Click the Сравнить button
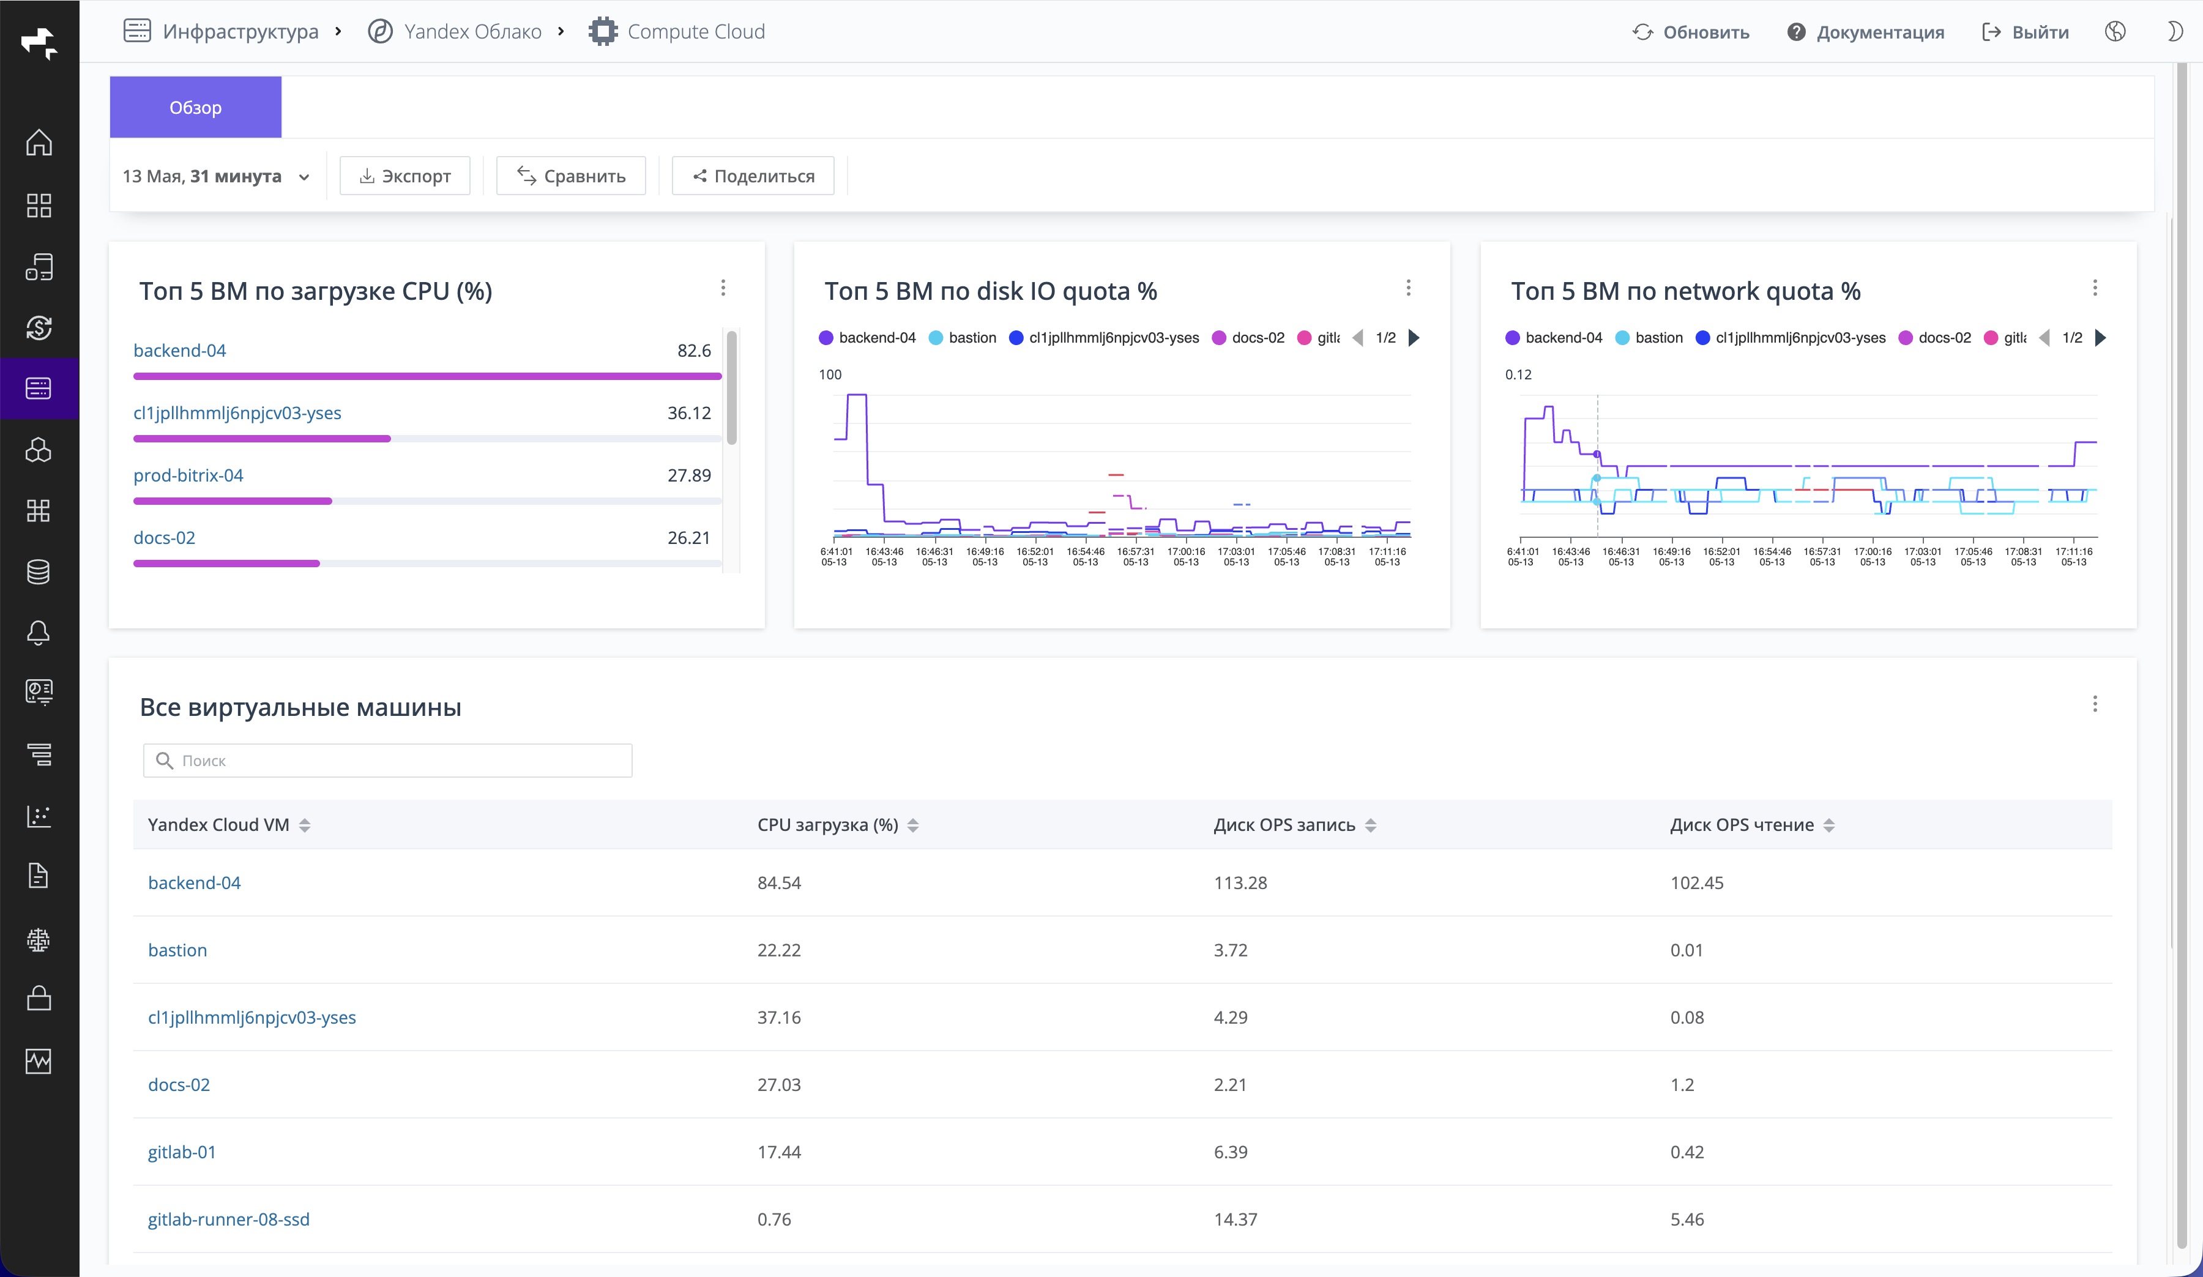click(571, 176)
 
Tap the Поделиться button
click(753, 176)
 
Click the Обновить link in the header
click(1691, 32)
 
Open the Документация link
click(1866, 32)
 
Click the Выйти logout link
click(2025, 32)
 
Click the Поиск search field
click(387, 761)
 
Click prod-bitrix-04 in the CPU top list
click(188, 475)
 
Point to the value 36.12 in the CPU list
click(689, 412)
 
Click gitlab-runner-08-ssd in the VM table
click(228, 1219)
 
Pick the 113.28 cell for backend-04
click(1240, 883)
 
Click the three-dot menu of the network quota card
click(2095, 288)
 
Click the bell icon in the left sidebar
click(39, 633)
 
